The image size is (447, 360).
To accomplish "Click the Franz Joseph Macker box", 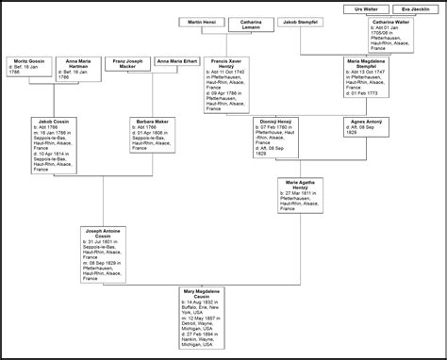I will [x=126, y=62].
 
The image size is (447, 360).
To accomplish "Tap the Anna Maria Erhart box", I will [x=178, y=60].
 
